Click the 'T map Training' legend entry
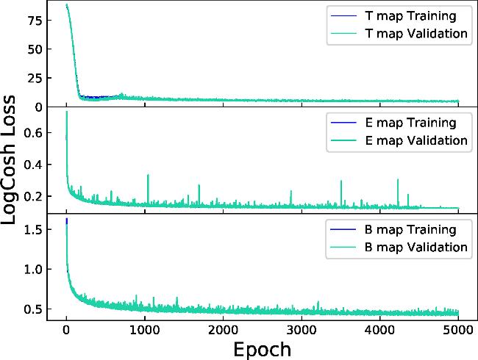393,16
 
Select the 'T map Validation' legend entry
399,34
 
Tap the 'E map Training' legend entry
393,123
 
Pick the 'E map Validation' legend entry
399,140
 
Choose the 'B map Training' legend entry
393,229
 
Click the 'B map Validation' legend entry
399,247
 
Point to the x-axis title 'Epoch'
263,350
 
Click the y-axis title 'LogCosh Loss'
8,160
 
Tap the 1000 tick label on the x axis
145,330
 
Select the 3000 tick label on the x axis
302,330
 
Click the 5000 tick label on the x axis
458,330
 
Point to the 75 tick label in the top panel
35,20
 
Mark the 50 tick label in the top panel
35,49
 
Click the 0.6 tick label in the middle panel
33,133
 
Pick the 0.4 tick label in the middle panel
33,165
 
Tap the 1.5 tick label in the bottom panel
33,229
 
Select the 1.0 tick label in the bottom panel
33,269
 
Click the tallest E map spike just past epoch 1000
148,190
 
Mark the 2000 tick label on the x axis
223,330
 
